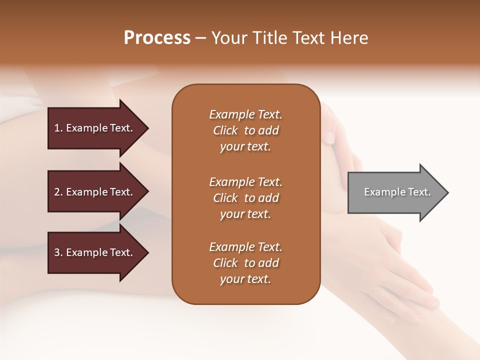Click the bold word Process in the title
157,38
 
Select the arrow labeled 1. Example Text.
95,128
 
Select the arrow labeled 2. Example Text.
95,192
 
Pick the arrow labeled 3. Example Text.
95,252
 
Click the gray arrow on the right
395,192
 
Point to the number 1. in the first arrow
58,128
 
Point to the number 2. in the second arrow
58,192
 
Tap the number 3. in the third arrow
58,252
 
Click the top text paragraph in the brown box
245,130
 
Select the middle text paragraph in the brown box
245,198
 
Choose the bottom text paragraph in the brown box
245,263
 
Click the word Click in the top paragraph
225,130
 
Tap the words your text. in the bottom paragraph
245,279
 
